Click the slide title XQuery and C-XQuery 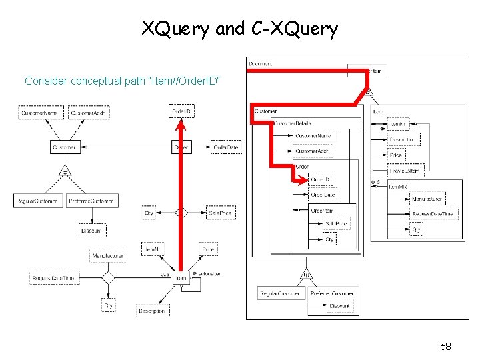click(x=239, y=29)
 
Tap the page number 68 click(x=446, y=346)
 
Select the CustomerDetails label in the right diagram click(x=293, y=123)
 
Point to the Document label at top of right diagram click(x=261, y=64)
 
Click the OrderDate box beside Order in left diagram click(x=226, y=147)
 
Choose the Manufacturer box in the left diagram click(x=108, y=255)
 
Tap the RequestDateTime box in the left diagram click(x=54, y=278)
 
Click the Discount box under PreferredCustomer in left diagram click(x=92, y=231)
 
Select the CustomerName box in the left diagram click(x=39, y=113)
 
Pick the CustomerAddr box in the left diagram click(x=88, y=113)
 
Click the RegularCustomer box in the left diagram click(x=38, y=200)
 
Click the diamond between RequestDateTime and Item click(x=108, y=278)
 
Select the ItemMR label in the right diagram click(x=398, y=187)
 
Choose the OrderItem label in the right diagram click(x=322, y=211)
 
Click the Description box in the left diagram click(x=152, y=311)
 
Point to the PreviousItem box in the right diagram click(x=405, y=171)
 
